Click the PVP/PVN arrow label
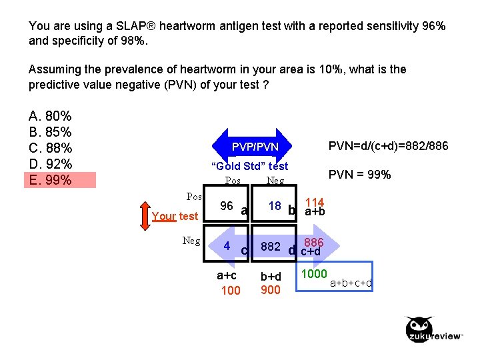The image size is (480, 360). click(255, 146)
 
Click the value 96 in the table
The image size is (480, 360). click(227, 206)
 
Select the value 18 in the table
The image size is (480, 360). click(275, 206)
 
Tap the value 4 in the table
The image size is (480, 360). click(227, 245)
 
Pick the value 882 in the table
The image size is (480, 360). click(270, 247)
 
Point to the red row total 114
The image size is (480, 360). click(314, 202)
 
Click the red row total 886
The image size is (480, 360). click(313, 243)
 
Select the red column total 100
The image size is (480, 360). click(230, 290)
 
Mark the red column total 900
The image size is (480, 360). click(270, 290)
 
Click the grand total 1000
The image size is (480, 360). click(314, 274)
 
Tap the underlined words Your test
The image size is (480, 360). click(175, 216)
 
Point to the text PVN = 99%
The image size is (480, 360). click(360, 175)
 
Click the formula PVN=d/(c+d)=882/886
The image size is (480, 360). click(389, 145)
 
